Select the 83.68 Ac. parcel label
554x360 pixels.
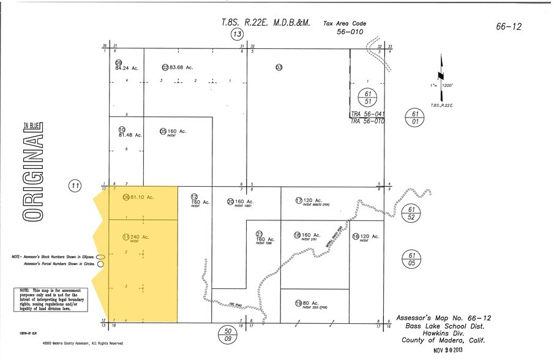(x=181, y=67)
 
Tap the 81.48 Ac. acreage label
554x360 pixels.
(x=130, y=135)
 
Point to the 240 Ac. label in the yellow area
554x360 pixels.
(x=140, y=236)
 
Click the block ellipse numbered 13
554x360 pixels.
(x=238, y=34)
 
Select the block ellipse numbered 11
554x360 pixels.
(x=75, y=186)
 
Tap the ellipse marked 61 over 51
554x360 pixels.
(x=367, y=97)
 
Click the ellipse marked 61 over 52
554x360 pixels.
(x=411, y=213)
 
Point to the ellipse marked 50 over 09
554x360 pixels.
(x=228, y=334)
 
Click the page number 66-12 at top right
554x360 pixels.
(x=509, y=26)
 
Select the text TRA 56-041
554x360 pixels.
(x=367, y=114)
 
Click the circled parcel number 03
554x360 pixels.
(x=279, y=67)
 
